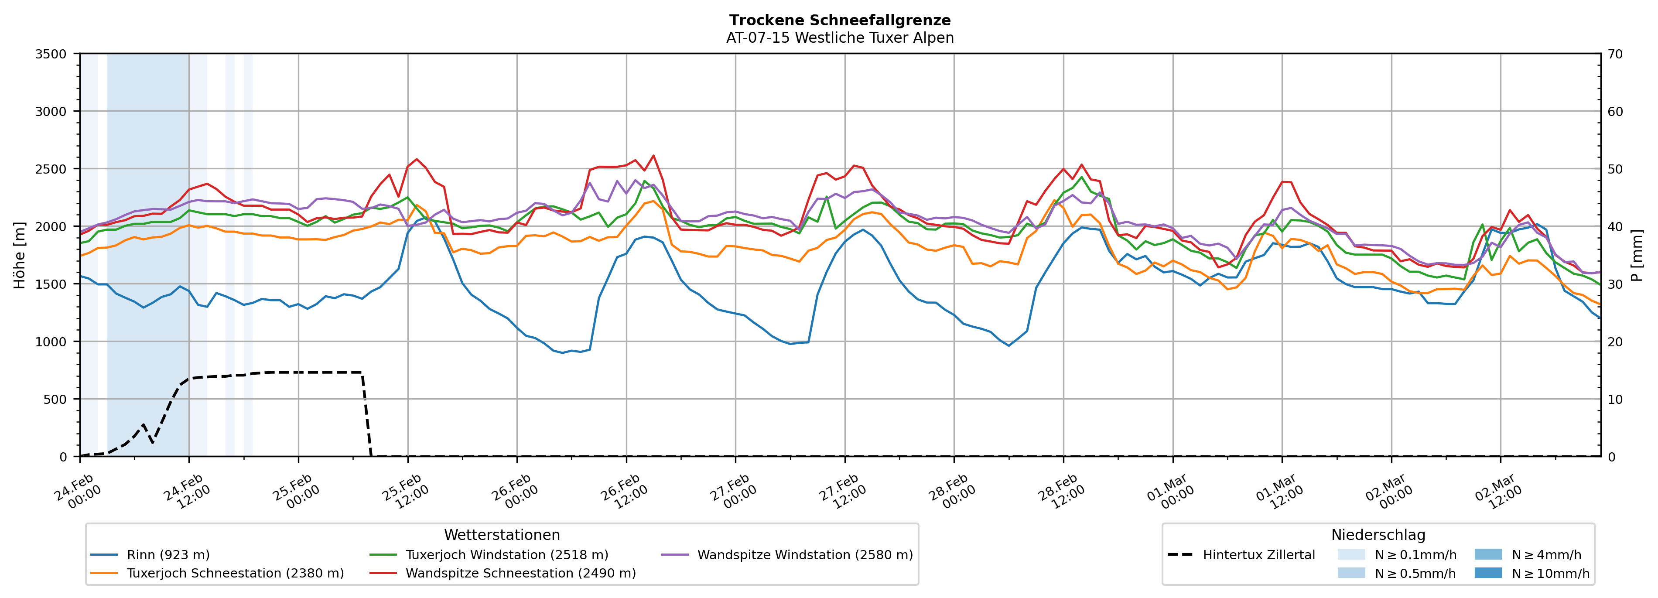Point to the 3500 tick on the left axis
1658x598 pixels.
coord(51,54)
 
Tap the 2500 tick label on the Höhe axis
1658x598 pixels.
coord(51,169)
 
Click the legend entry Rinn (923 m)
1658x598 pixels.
coord(168,555)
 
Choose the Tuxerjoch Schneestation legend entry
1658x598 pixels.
coord(235,574)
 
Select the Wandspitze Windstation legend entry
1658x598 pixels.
coord(804,555)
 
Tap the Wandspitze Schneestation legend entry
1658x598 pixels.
coord(520,574)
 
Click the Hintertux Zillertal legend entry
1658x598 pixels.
coord(1258,555)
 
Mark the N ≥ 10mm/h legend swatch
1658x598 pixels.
coord(1487,573)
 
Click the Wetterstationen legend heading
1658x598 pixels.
coord(502,535)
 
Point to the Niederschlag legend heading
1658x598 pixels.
coord(1378,535)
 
